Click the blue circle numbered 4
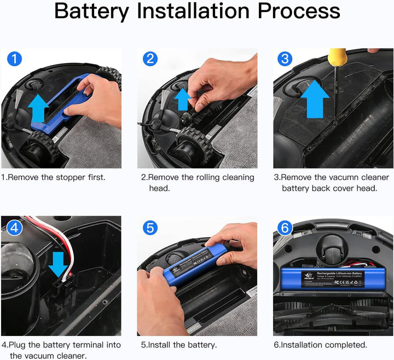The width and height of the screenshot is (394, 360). coord(14,227)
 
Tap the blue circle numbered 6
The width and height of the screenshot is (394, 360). coord(285,227)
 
